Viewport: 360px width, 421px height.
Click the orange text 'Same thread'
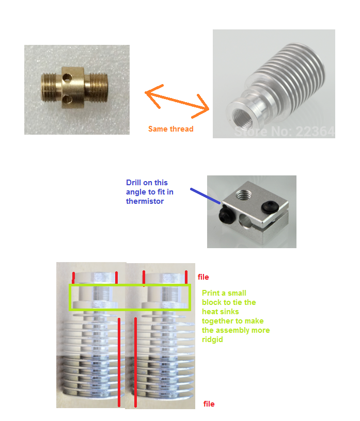171,129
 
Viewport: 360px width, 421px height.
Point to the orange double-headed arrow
177,101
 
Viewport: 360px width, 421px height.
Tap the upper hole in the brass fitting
67,78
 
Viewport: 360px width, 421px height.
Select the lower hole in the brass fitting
67,100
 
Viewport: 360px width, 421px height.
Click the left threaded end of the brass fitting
49,88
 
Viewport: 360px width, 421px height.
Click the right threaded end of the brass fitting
99,87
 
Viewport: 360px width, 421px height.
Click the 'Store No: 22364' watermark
285,132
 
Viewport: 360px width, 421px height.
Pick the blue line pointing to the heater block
206,196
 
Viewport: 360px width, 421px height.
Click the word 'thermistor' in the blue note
145,201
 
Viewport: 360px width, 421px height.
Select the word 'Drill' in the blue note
134,183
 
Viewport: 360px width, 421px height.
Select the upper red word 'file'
204,277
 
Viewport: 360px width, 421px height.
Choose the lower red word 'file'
209,404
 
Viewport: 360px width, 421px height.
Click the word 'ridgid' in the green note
212,340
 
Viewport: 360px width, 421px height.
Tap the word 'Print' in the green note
211,293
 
